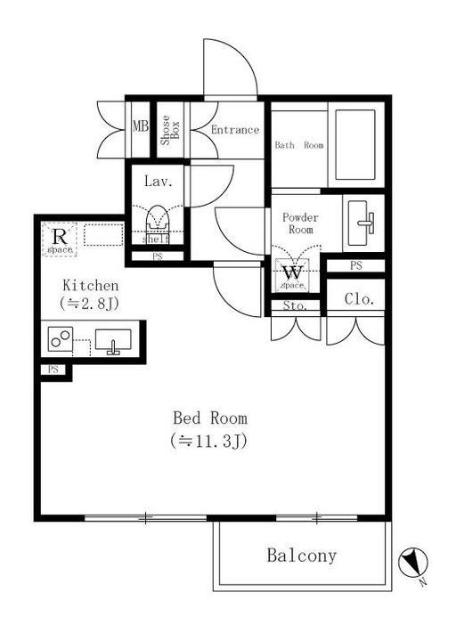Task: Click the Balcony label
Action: point(302,556)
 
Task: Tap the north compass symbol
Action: point(413,563)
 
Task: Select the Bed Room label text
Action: point(210,418)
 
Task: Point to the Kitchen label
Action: point(91,286)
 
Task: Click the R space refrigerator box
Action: point(60,239)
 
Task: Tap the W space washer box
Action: point(293,275)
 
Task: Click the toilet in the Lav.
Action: point(157,218)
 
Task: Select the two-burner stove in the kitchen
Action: point(61,339)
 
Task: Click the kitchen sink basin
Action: point(113,342)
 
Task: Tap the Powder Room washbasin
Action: point(363,223)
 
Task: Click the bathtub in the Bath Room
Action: point(355,144)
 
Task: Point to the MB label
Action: point(141,126)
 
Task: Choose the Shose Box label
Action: point(170,130)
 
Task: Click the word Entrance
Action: point(235,130)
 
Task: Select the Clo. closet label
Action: point(359,299)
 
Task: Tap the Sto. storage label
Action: point(295,305)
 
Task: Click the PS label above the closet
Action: point(356,265)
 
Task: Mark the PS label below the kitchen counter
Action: point(53,369)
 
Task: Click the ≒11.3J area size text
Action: point(209,441)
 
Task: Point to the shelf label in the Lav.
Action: point(156,239)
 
